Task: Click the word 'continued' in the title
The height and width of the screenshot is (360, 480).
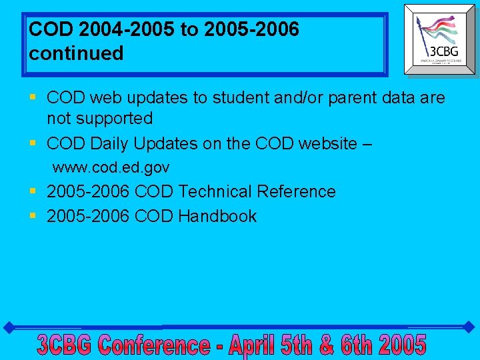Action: pyautogui.click(x=76, y=53)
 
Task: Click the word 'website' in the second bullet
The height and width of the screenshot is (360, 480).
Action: pyautogui.click(x=319, y=143)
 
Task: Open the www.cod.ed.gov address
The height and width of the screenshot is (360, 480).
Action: pyautogui.click(x=111, y=167)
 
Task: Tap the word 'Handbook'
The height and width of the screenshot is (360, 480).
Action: pyautogui.click(x=217, y=216)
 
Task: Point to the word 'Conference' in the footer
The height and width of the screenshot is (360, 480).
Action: pyautogui.click(x=154, y=345)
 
